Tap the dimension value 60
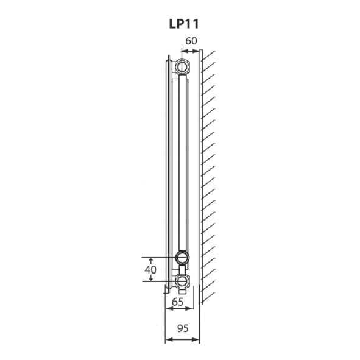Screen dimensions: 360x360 (x=191, y=41)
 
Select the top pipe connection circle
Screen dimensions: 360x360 (x=183, y=65)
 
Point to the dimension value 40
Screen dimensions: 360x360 (x=149, y=269)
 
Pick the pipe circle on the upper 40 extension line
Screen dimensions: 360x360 (x=182, y=256)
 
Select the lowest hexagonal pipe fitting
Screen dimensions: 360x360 (x=182, y=281)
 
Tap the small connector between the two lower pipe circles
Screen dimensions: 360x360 (x=182, y=268)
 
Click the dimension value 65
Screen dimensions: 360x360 (x=178, y=302)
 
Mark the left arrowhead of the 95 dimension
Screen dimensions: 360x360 (x=168, y=339)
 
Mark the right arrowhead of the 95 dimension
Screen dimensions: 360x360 (x=199, y=339)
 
